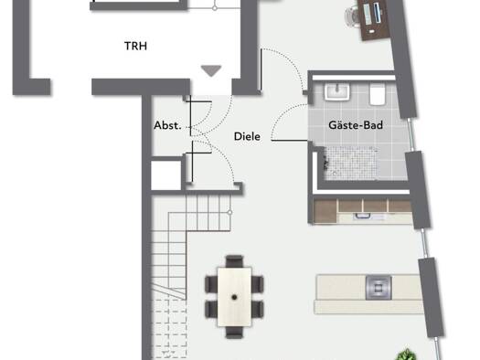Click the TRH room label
point(135,46)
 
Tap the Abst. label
point(167,125)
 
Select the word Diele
point(247,136)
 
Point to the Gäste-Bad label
point(356,125)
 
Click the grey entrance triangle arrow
point(211,71)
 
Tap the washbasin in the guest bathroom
point(336,91)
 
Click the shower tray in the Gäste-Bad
point(351,164)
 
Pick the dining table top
point(234,297)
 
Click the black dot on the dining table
point(234,297)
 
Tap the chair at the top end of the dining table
point(234,261)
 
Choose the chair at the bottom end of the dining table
point(234,333)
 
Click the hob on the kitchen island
point(379,288)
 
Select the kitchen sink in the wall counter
point(362,217)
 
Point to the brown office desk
point(373,18)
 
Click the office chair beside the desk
point(352,16)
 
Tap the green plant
point(407,355)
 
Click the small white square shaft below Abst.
point(165,175)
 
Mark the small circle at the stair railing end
point(229,212)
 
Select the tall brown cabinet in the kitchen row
point(325,211)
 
